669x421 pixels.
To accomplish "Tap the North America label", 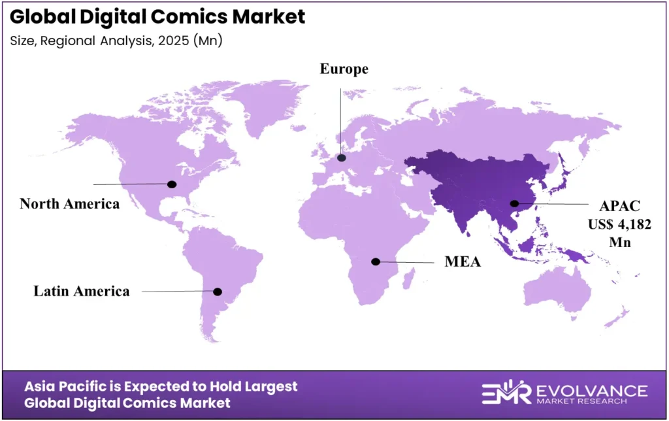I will pos(69,203).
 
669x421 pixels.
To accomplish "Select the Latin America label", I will pos(82,291).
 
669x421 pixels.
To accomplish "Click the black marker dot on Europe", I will pos(341,157).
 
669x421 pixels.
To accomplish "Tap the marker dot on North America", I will pos(172,184).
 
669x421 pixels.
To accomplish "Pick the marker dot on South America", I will pos(218,292).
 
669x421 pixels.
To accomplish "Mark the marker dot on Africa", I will pos(376,261).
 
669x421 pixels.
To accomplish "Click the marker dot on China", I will pos(515,203).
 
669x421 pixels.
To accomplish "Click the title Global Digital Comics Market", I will pos(157,16).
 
